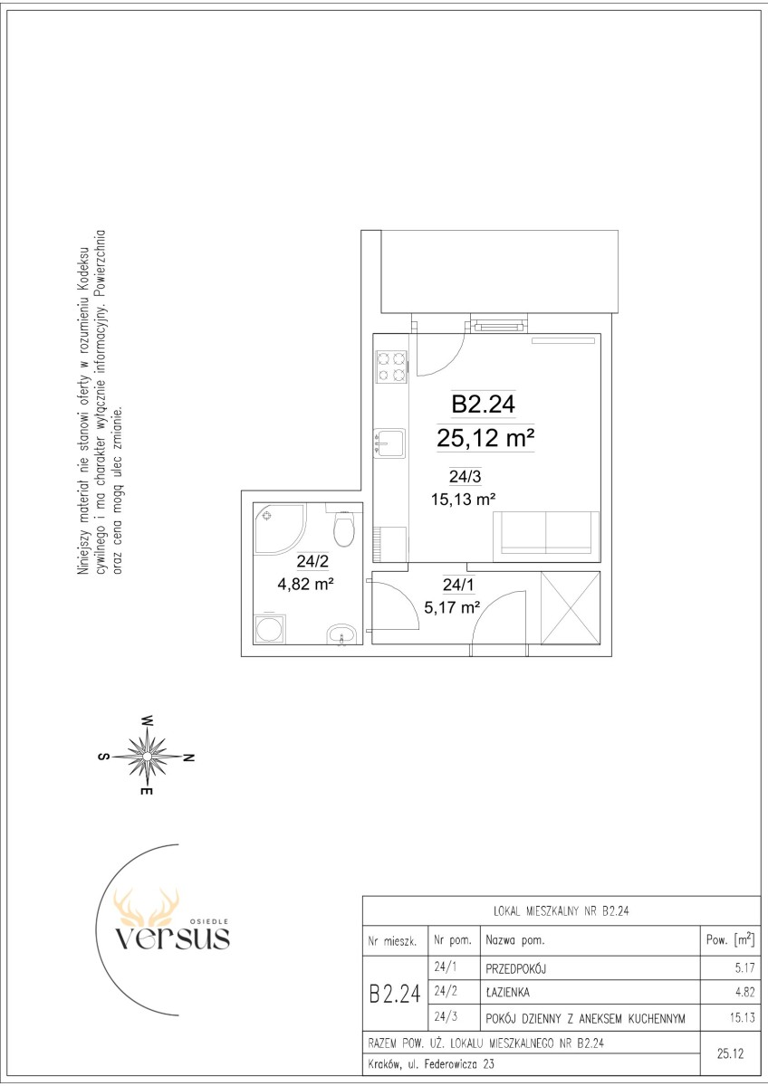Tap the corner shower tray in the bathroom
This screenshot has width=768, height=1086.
[x=280, y=528]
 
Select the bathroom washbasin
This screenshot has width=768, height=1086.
[x=342, y=634]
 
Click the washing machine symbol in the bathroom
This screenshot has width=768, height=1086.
[x=270, y=630]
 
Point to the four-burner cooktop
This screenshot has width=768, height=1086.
[x=391, y=367]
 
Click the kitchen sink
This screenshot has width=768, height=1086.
[x=389, y=443]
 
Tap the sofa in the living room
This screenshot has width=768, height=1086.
[x=546, y=537]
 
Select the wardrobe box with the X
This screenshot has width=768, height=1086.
[x=571, y=608]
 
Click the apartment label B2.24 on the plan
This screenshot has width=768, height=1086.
[x=484, y=404]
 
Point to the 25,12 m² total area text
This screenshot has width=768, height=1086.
[x=485, y=438]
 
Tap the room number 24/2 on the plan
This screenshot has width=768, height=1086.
[x=312, y=561]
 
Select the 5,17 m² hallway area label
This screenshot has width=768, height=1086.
[x=452, y=606]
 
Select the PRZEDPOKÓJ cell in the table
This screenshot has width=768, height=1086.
[x=515, y=968]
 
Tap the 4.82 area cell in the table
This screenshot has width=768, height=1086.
[x=745, y=992]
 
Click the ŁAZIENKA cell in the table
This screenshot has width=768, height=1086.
[x=507, y=993]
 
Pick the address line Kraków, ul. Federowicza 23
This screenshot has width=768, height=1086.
[x=431, y=1064]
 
